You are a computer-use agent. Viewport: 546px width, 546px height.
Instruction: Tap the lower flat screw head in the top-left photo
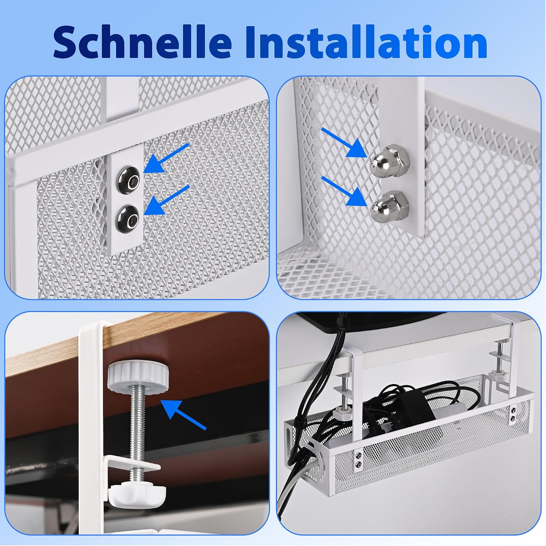click(x=128, y=217)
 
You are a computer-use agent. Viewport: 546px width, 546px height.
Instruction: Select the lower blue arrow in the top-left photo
click(x=167, y=200)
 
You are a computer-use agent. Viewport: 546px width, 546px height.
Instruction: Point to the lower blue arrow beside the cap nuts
click(x=344, y=191)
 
